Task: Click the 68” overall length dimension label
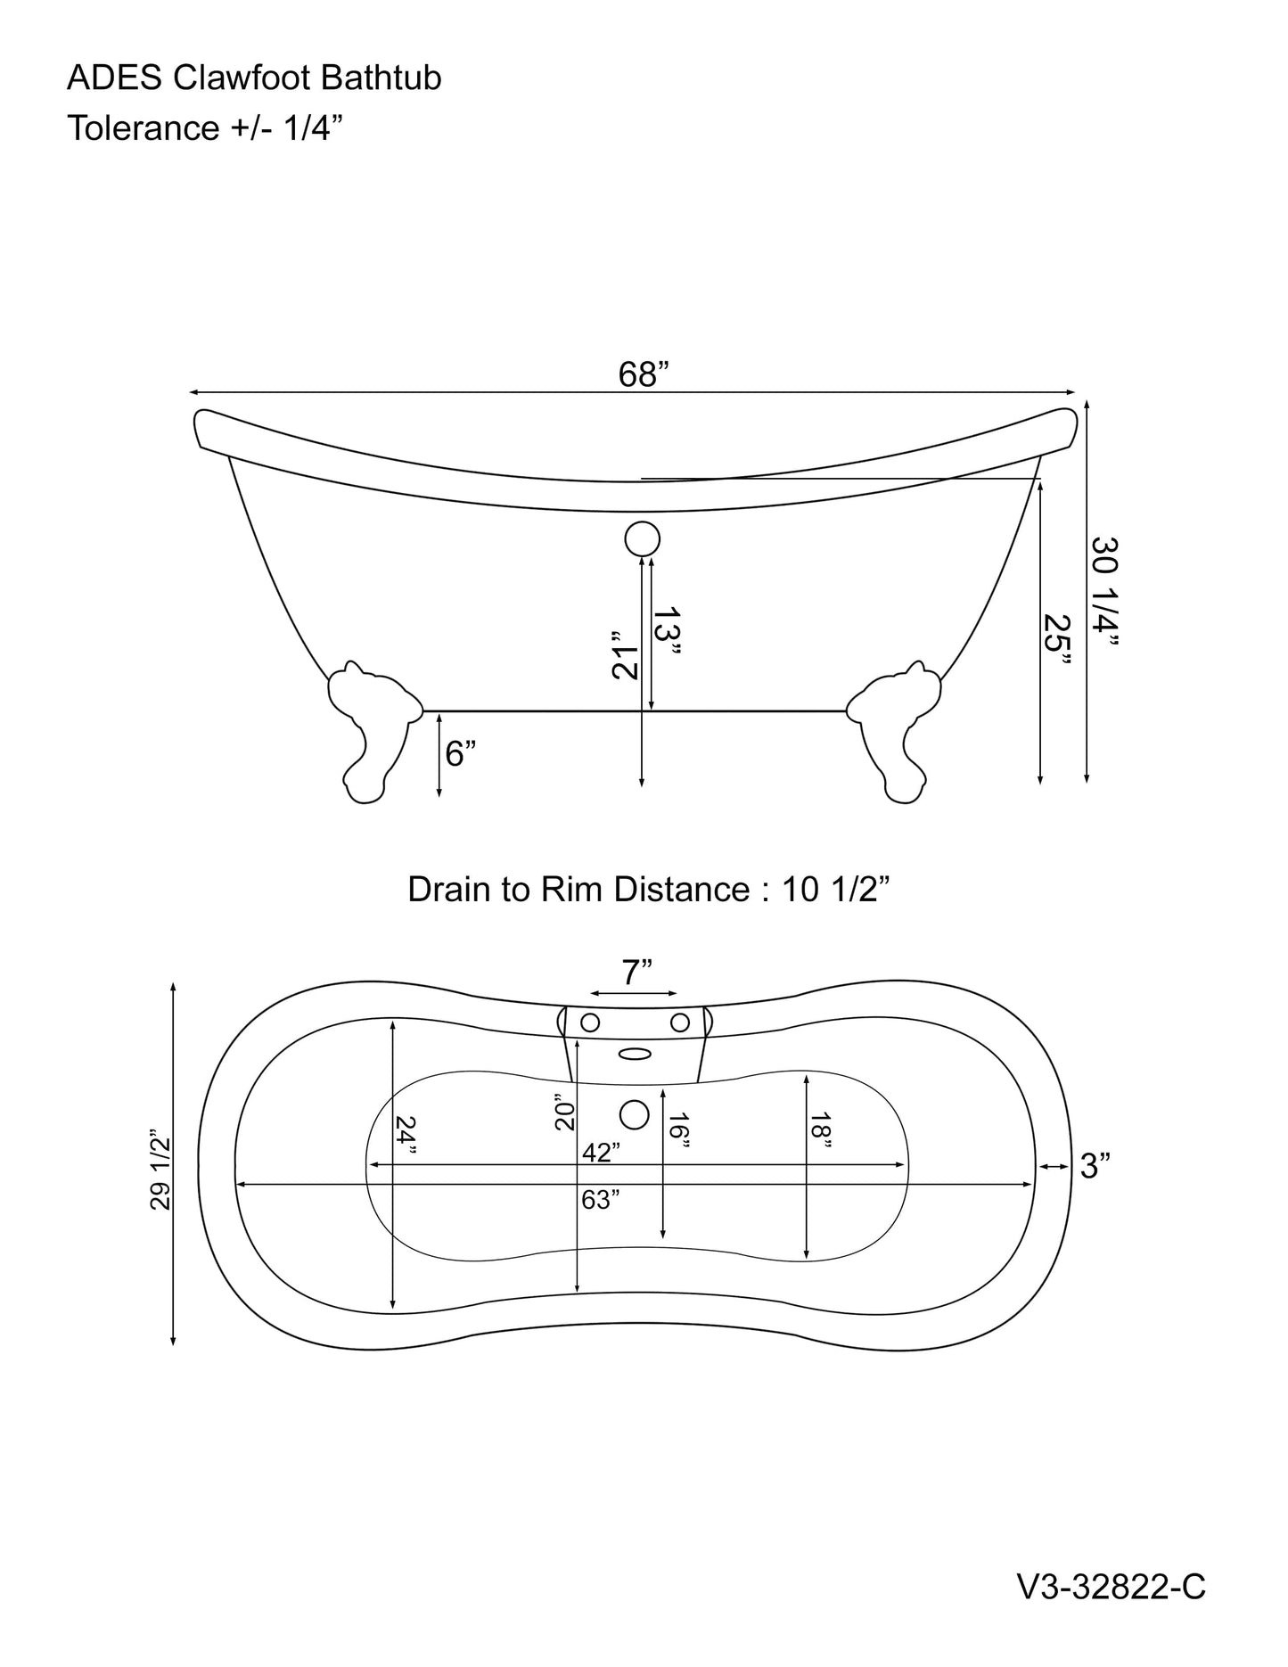(x=644, y=375)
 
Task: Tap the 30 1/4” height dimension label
(x=1105, y=594)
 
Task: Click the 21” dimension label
(x=627, y=656)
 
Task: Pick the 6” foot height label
(x=460, y=754)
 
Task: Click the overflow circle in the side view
(x=642, y=539)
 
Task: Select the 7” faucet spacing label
(x=636, y=972)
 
